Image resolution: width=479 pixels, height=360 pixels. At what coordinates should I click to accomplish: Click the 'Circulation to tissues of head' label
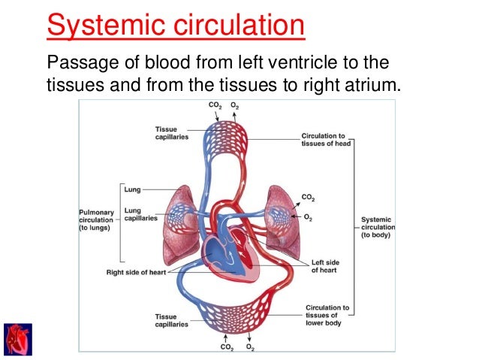point(324,141)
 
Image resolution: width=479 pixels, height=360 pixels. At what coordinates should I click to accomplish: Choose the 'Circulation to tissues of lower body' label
point(327,316)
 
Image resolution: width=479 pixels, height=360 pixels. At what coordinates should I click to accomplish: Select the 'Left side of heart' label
point(329,267)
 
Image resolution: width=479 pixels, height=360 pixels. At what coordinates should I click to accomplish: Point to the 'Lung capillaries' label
point(141,214)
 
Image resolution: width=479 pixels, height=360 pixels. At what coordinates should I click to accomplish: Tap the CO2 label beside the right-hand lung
point(309,197)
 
